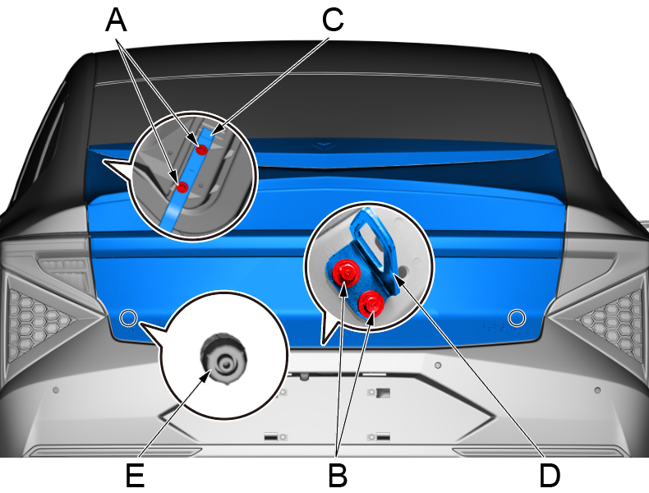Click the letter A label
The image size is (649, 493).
pos(117,21)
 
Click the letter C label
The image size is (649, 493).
pos(334,21)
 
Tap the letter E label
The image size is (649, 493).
pos(135,476)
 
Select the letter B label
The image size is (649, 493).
pos(338,476)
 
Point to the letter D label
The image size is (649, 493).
pos(550,476)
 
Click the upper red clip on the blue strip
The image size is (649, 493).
pos(201,150)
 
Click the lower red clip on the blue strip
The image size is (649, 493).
pos(182,187)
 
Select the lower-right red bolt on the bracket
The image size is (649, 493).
pos(371,303)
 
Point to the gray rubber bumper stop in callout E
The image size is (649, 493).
pos(224,358)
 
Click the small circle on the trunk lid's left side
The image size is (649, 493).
pos(128,318)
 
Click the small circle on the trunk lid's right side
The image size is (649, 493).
pos(517,318)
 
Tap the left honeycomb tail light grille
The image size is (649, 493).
pos(36,318)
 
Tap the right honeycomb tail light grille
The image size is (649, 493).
pos(609,319)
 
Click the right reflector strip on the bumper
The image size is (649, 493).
pos(538,452)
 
